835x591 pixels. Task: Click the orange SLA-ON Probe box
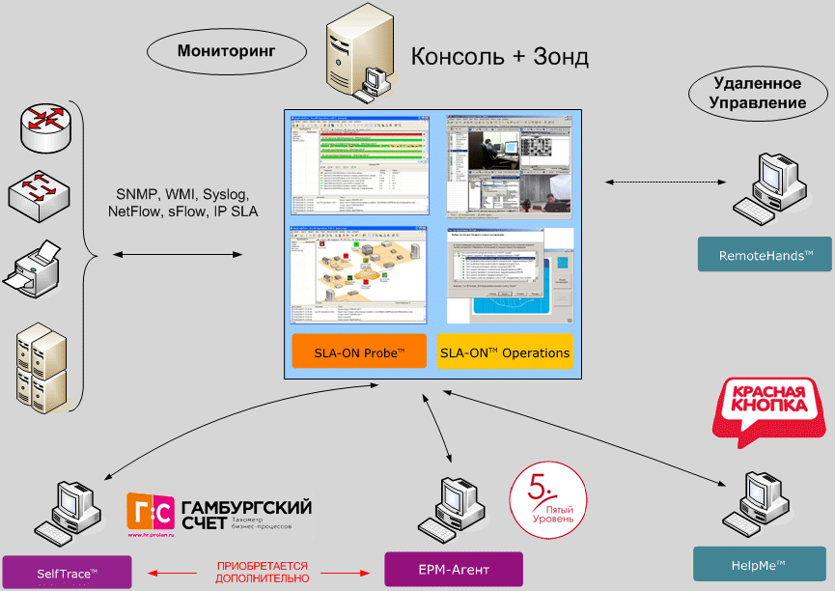pyautogui.click(x=359, y=352)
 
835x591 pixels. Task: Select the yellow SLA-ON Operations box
pyautogui.click(x=505, y=352)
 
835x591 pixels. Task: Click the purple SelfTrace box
pyautogui.click(x=67, y=572)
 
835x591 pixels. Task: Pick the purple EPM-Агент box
pyautogui.click(x=453, y=570)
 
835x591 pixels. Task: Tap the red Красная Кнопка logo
pyautogui.click(x=769, y=408)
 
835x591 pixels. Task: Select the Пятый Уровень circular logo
pyautogui.click(x=546, y=498)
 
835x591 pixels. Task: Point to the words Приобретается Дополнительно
pyautogui.click(x=263, y=571)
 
